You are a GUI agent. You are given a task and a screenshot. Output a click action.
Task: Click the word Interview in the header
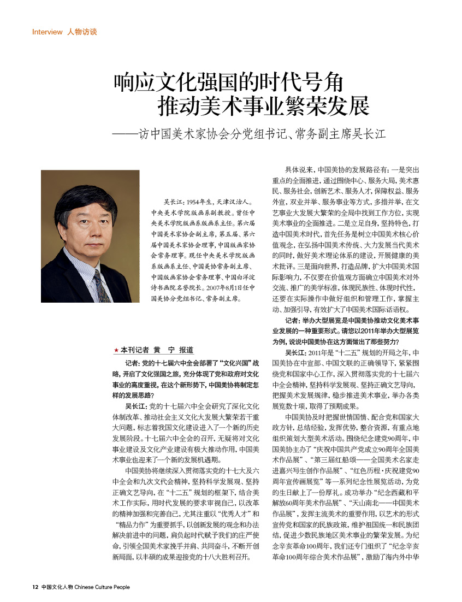tap(48, 32)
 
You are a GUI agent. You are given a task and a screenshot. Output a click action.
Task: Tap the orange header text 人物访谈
tap(82, 32)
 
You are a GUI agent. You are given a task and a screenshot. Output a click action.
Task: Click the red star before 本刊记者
tap(116, 351)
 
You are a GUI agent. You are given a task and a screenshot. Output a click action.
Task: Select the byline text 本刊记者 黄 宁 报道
tap(156, 350)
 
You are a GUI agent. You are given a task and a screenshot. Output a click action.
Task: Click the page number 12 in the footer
tap(35, 587)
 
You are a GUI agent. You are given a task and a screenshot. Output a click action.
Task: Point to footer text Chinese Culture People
tap(102, 587)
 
